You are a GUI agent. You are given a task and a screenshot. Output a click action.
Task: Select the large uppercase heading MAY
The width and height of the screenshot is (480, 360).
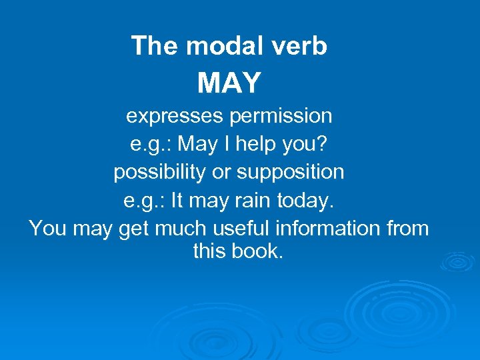pos(229,83)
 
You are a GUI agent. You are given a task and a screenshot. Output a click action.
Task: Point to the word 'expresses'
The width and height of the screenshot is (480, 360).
pos(174,117)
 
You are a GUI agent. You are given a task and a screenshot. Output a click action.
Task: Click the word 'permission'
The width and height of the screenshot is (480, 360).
pos(280,116)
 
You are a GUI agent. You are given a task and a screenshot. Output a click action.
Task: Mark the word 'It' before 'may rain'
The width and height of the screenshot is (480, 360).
pos(178,200)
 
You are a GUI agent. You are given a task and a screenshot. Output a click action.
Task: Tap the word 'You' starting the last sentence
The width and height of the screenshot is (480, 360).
pos(47,229)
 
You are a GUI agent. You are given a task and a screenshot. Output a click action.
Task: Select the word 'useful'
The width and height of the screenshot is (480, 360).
pos(236,228)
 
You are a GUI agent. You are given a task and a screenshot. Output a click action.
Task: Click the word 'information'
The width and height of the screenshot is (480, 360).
pos(325,228)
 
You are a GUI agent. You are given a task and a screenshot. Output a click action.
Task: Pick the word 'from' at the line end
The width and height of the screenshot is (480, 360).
pos(407,228)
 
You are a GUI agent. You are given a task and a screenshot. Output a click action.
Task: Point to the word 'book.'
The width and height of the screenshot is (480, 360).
pos(258,251)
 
